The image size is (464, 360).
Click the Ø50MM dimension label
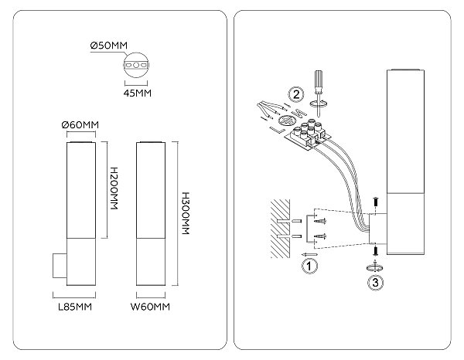pyautogui.click(x=109, y=46)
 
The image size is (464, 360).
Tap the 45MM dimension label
pyautogui.click(x=138, y=93)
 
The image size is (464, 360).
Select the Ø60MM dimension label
pyautogui.click(x=80, y=124)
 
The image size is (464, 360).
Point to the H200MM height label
pyautogui.click(x=114, y=188)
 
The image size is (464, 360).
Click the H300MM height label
pyautogui.click(x=186, y=213)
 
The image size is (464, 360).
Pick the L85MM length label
pyautogui.click(x=75, y=307)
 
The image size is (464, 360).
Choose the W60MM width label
pyautogui.click(x=150, y=307)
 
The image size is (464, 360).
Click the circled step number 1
pyautogui.click(x=309, y=266)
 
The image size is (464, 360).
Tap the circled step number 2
pyautogui.click(x=296, y=94)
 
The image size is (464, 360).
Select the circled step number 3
pyautogui.click(x=375, y=282)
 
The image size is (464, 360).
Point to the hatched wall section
pyautogui.click(x=280, y=229)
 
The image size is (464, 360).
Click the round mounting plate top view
pyautogui.click(x=136, y=65)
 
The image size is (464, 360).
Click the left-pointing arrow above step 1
pyautogui.click(x=309, y=254)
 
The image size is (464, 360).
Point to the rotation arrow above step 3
pyautogui.click(x=375, y=267)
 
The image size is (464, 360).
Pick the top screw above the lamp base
pyautogui.click(x=375, y=202)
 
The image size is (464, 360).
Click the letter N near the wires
pyautogui.click(x=299, y=112)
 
